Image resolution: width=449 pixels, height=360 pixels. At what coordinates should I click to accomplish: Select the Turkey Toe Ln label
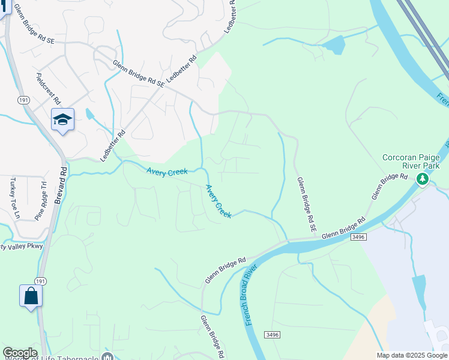point(14,197)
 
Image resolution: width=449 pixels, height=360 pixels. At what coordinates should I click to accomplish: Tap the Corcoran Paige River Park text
point(412,161)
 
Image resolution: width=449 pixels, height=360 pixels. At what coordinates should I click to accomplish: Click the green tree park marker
point(423,179)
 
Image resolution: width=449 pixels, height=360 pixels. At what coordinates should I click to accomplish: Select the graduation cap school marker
point(62,120)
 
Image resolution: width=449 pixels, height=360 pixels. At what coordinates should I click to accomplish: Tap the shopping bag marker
point(31,296)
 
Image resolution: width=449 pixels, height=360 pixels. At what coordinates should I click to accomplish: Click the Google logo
point(20,353)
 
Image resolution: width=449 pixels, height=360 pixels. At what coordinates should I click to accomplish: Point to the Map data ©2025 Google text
point(412,355)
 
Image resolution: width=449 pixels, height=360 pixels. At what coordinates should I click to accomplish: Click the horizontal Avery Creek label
point(167,172)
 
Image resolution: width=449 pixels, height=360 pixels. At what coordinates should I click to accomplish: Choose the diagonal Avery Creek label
point(218,201)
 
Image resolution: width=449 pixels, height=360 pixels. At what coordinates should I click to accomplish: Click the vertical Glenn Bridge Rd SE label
point(304,205)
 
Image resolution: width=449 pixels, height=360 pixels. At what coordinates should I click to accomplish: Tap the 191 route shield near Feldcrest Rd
point(23,100)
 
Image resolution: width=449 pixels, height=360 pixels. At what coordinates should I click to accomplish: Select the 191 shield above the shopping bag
point(40,280)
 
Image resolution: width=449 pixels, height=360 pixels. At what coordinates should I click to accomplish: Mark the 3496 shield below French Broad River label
point(272,334)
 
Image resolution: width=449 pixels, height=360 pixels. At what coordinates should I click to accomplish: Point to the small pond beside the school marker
point(89,113)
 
